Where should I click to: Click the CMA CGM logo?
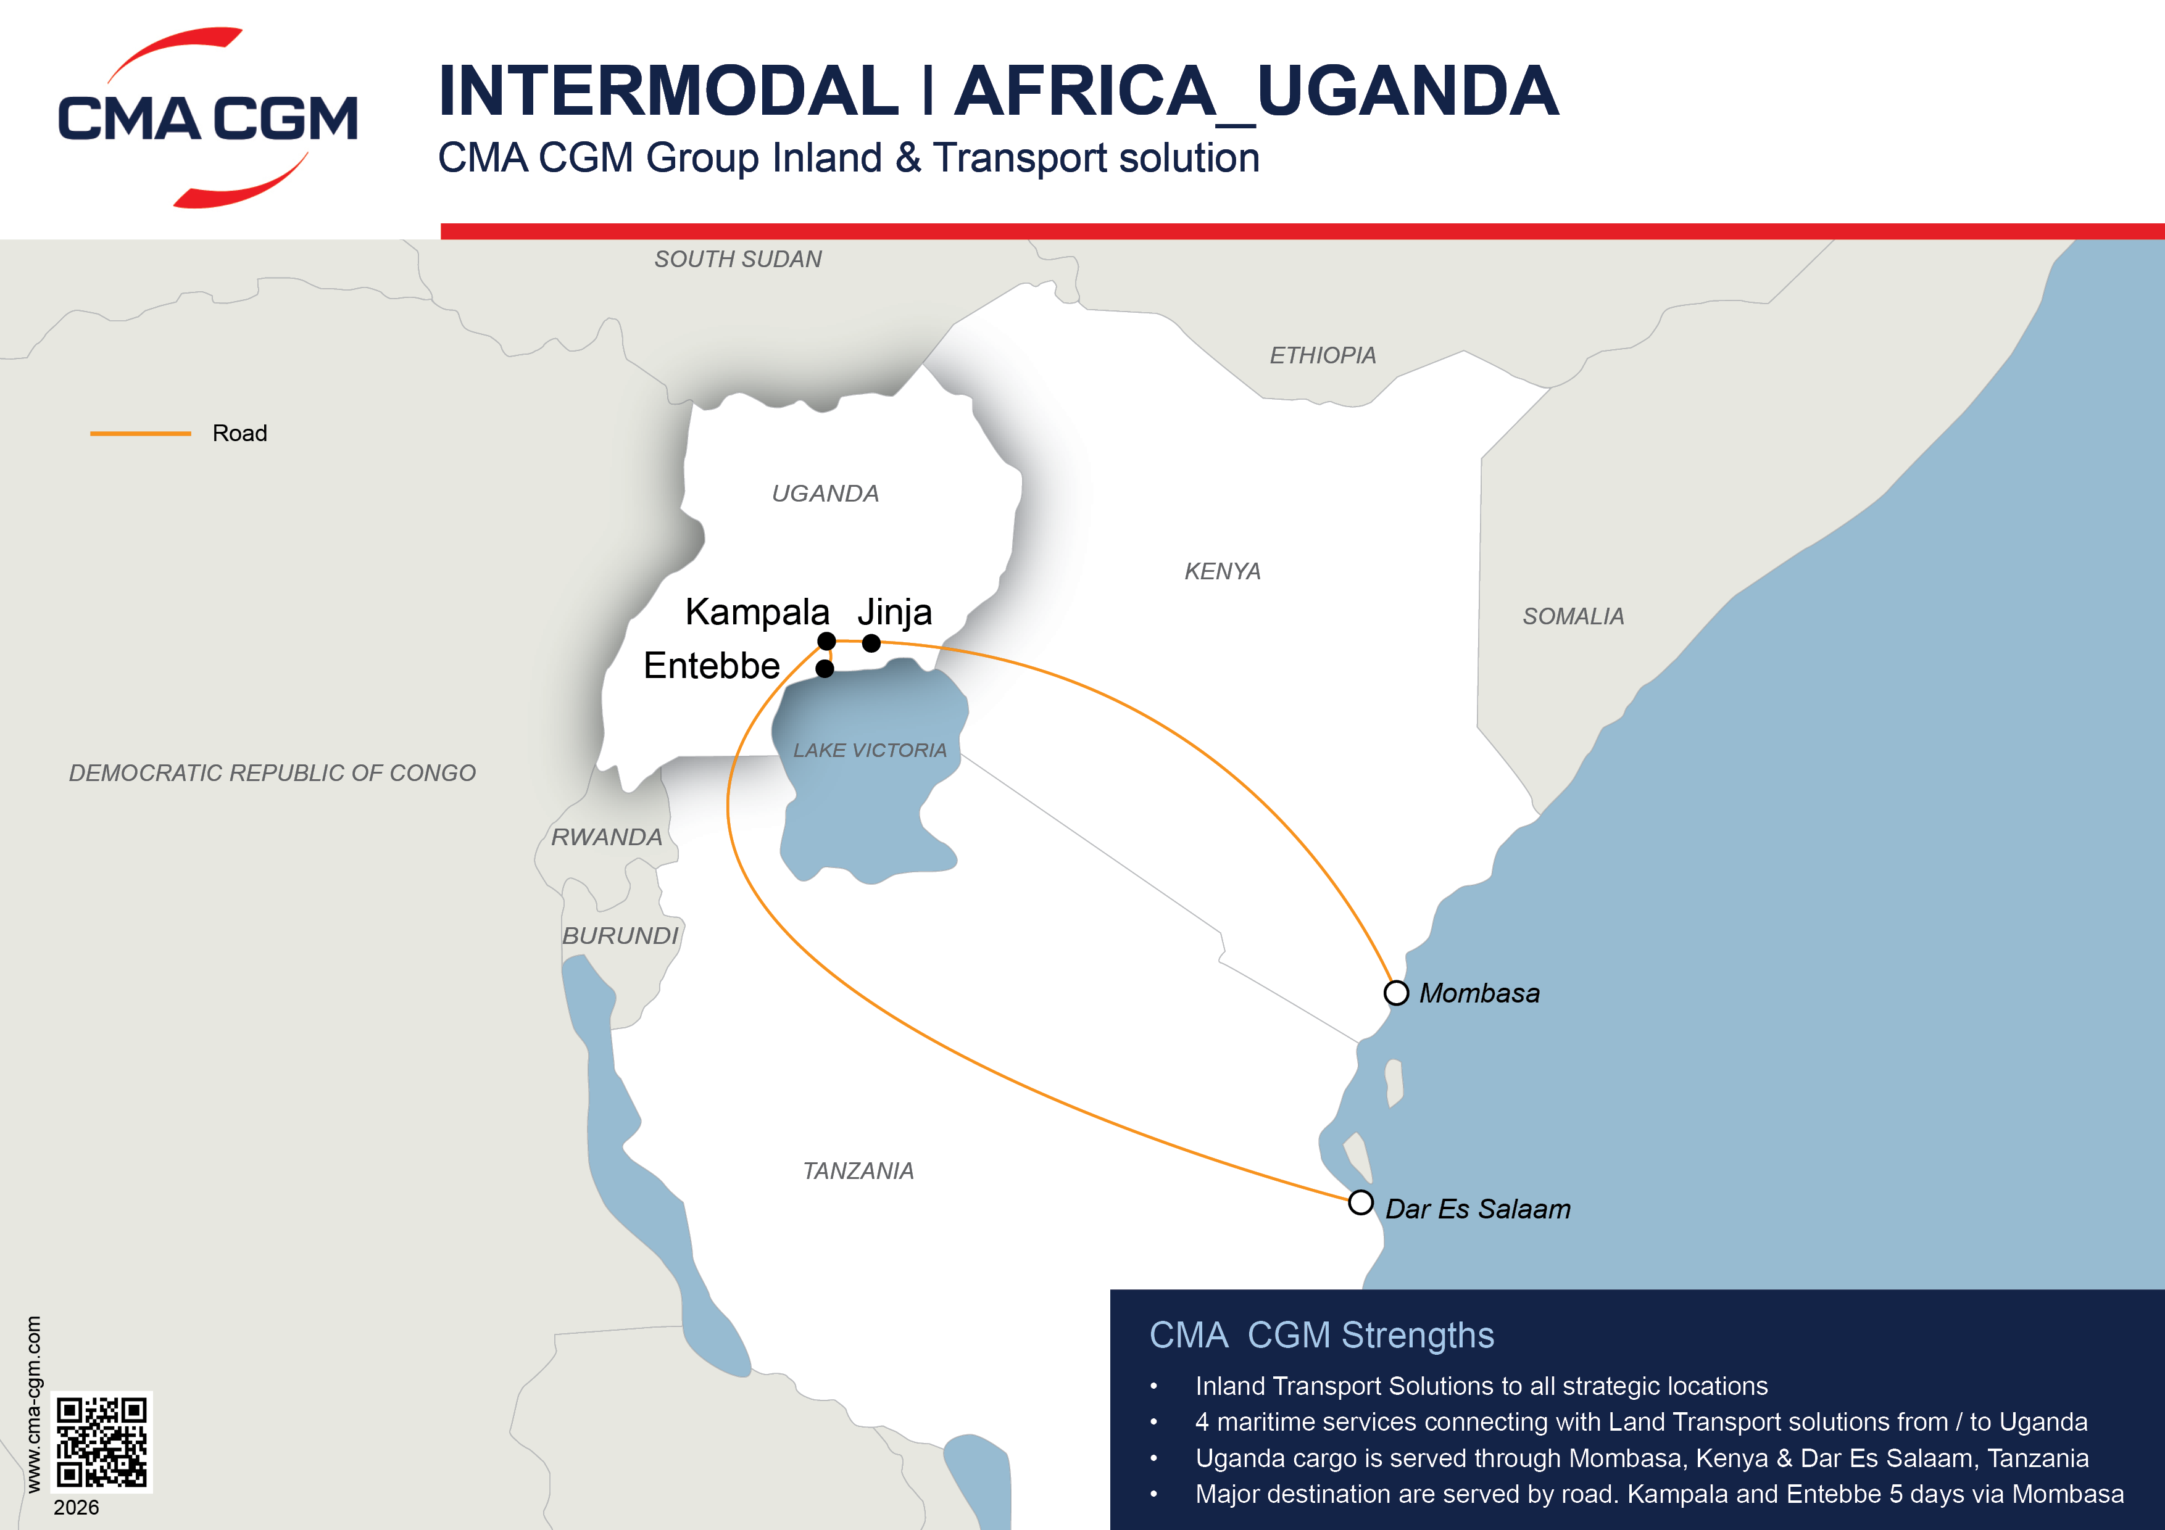207,118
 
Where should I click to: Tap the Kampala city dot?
827,641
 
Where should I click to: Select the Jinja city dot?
871,643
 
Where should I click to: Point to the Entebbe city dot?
825,668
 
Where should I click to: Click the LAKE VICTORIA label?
870,750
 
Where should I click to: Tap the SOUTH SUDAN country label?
738,259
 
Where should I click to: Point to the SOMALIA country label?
1573,616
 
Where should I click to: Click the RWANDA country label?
606,837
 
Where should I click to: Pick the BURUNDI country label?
620,936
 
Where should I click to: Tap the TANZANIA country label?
858,1171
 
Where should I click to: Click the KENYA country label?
1222,571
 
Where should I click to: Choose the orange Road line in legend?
141,434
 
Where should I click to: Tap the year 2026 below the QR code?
77,1507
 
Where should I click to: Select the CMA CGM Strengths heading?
1321,1335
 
